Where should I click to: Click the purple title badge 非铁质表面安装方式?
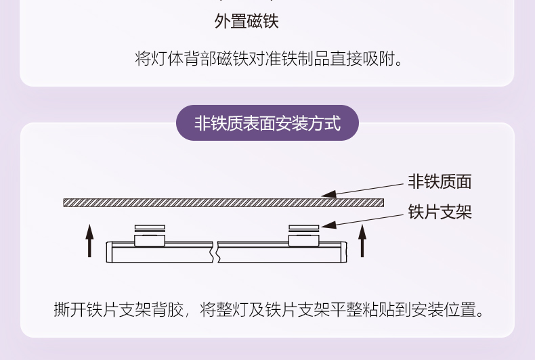point(267,123)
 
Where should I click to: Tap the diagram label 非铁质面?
point(440,181)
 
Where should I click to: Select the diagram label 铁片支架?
point(440,212)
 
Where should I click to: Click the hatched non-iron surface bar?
point(223,202)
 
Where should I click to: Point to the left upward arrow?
point(89,241)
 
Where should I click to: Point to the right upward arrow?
point(363,240)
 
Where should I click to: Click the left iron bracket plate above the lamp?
point(150,228)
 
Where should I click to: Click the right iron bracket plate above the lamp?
point(303,228)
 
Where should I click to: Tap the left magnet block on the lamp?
point(150,240)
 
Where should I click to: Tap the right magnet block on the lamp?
point(303,240)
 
